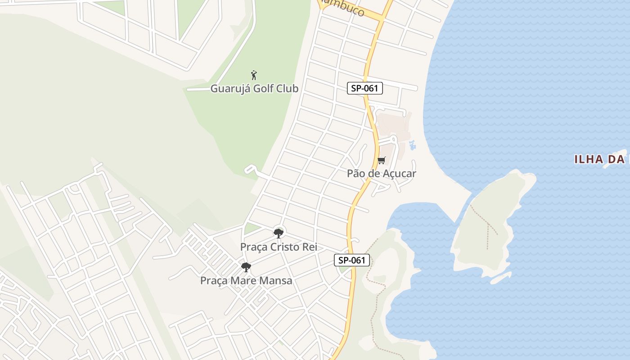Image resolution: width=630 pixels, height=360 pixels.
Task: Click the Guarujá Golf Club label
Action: pos(254,89)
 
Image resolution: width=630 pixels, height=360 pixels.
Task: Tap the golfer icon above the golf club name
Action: pos(254,75)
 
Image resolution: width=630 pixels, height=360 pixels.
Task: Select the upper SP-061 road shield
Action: pos(365,88)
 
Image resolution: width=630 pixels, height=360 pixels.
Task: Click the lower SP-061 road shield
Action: pos(352,260)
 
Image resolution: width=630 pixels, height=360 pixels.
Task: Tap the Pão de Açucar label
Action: pos(381,173)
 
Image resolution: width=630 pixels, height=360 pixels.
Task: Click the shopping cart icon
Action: pos(382,160)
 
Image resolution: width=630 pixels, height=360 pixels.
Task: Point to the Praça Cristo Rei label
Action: pos(279,247)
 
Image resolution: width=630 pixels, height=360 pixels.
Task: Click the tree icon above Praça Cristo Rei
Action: pos(279,233)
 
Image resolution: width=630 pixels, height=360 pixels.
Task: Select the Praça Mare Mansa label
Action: pos(246,281)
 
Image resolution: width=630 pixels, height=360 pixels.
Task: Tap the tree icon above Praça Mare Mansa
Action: pos(246,267)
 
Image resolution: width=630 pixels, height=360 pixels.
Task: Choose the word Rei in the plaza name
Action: pos(310,247)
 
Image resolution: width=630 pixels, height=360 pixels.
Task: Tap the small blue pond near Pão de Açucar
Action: pos(412,145)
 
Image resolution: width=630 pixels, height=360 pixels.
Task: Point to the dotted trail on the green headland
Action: pos(373,306)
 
